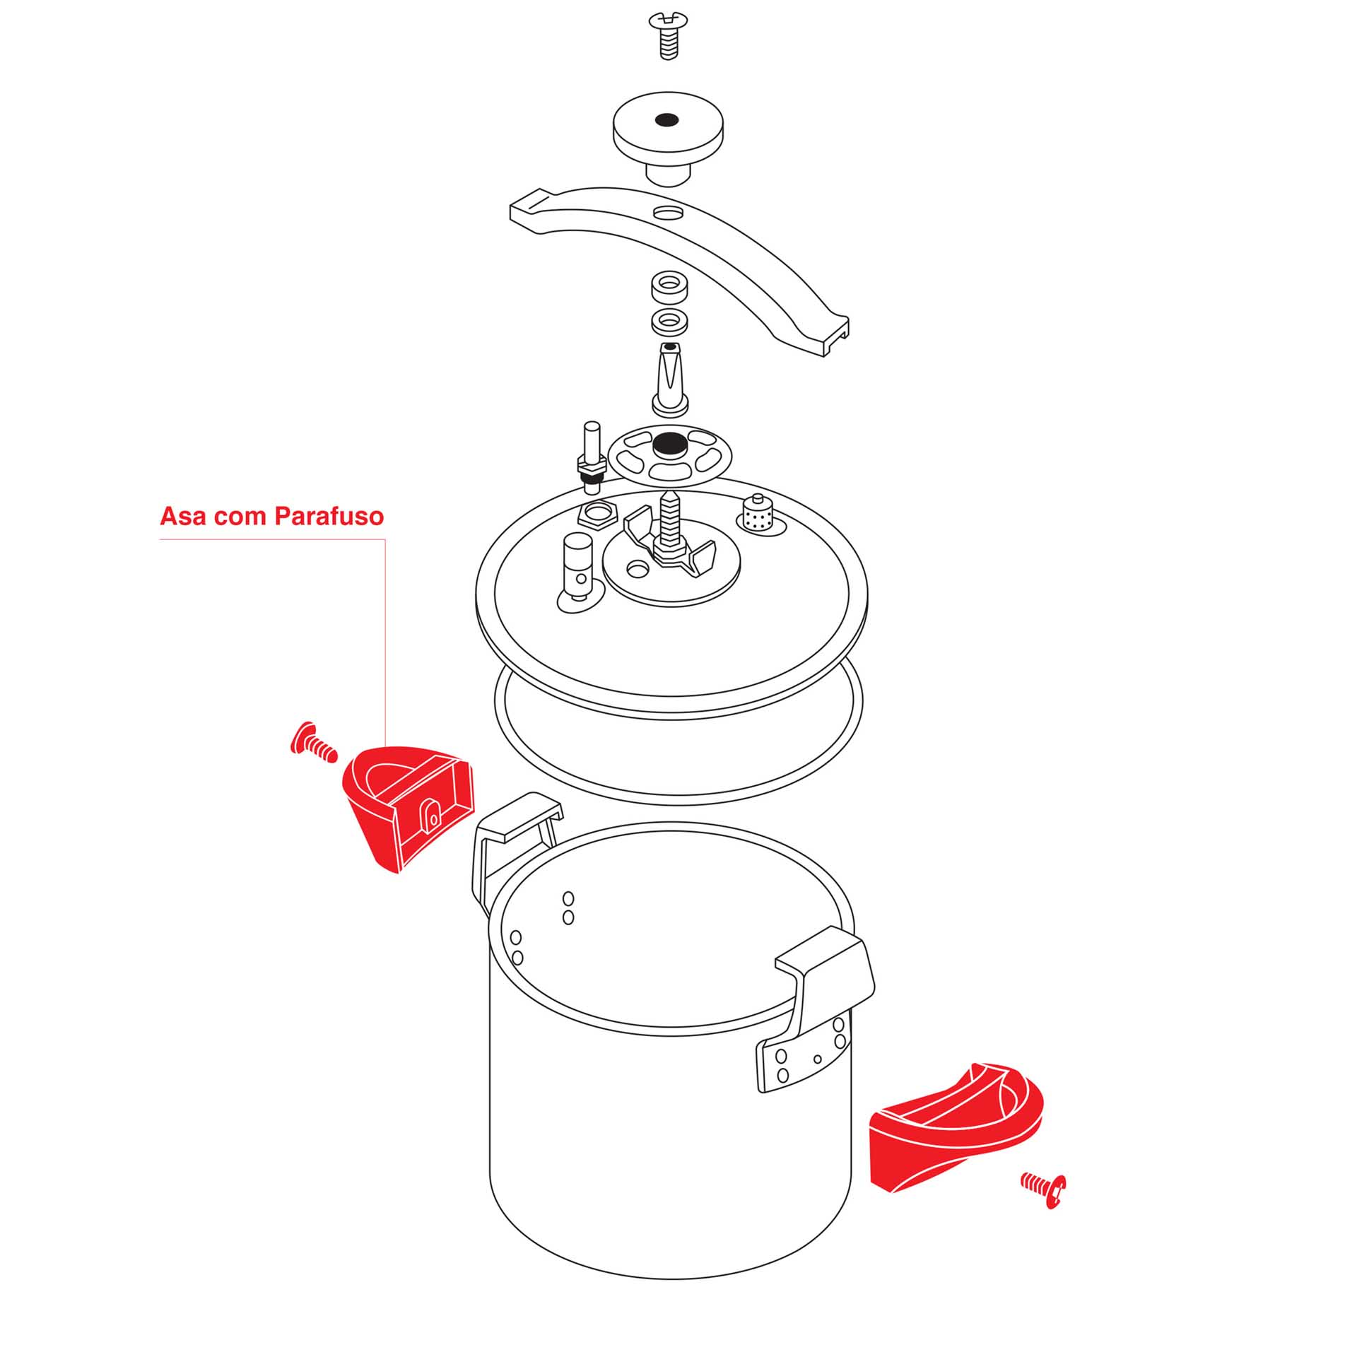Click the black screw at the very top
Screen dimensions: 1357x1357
tap(667, 35)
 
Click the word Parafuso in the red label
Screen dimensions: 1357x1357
tap(329, 517)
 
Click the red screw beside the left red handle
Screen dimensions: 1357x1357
tap(313, 743)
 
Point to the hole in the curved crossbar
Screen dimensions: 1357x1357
tap(668, 211)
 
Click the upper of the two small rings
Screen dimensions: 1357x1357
tap(669, 287)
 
